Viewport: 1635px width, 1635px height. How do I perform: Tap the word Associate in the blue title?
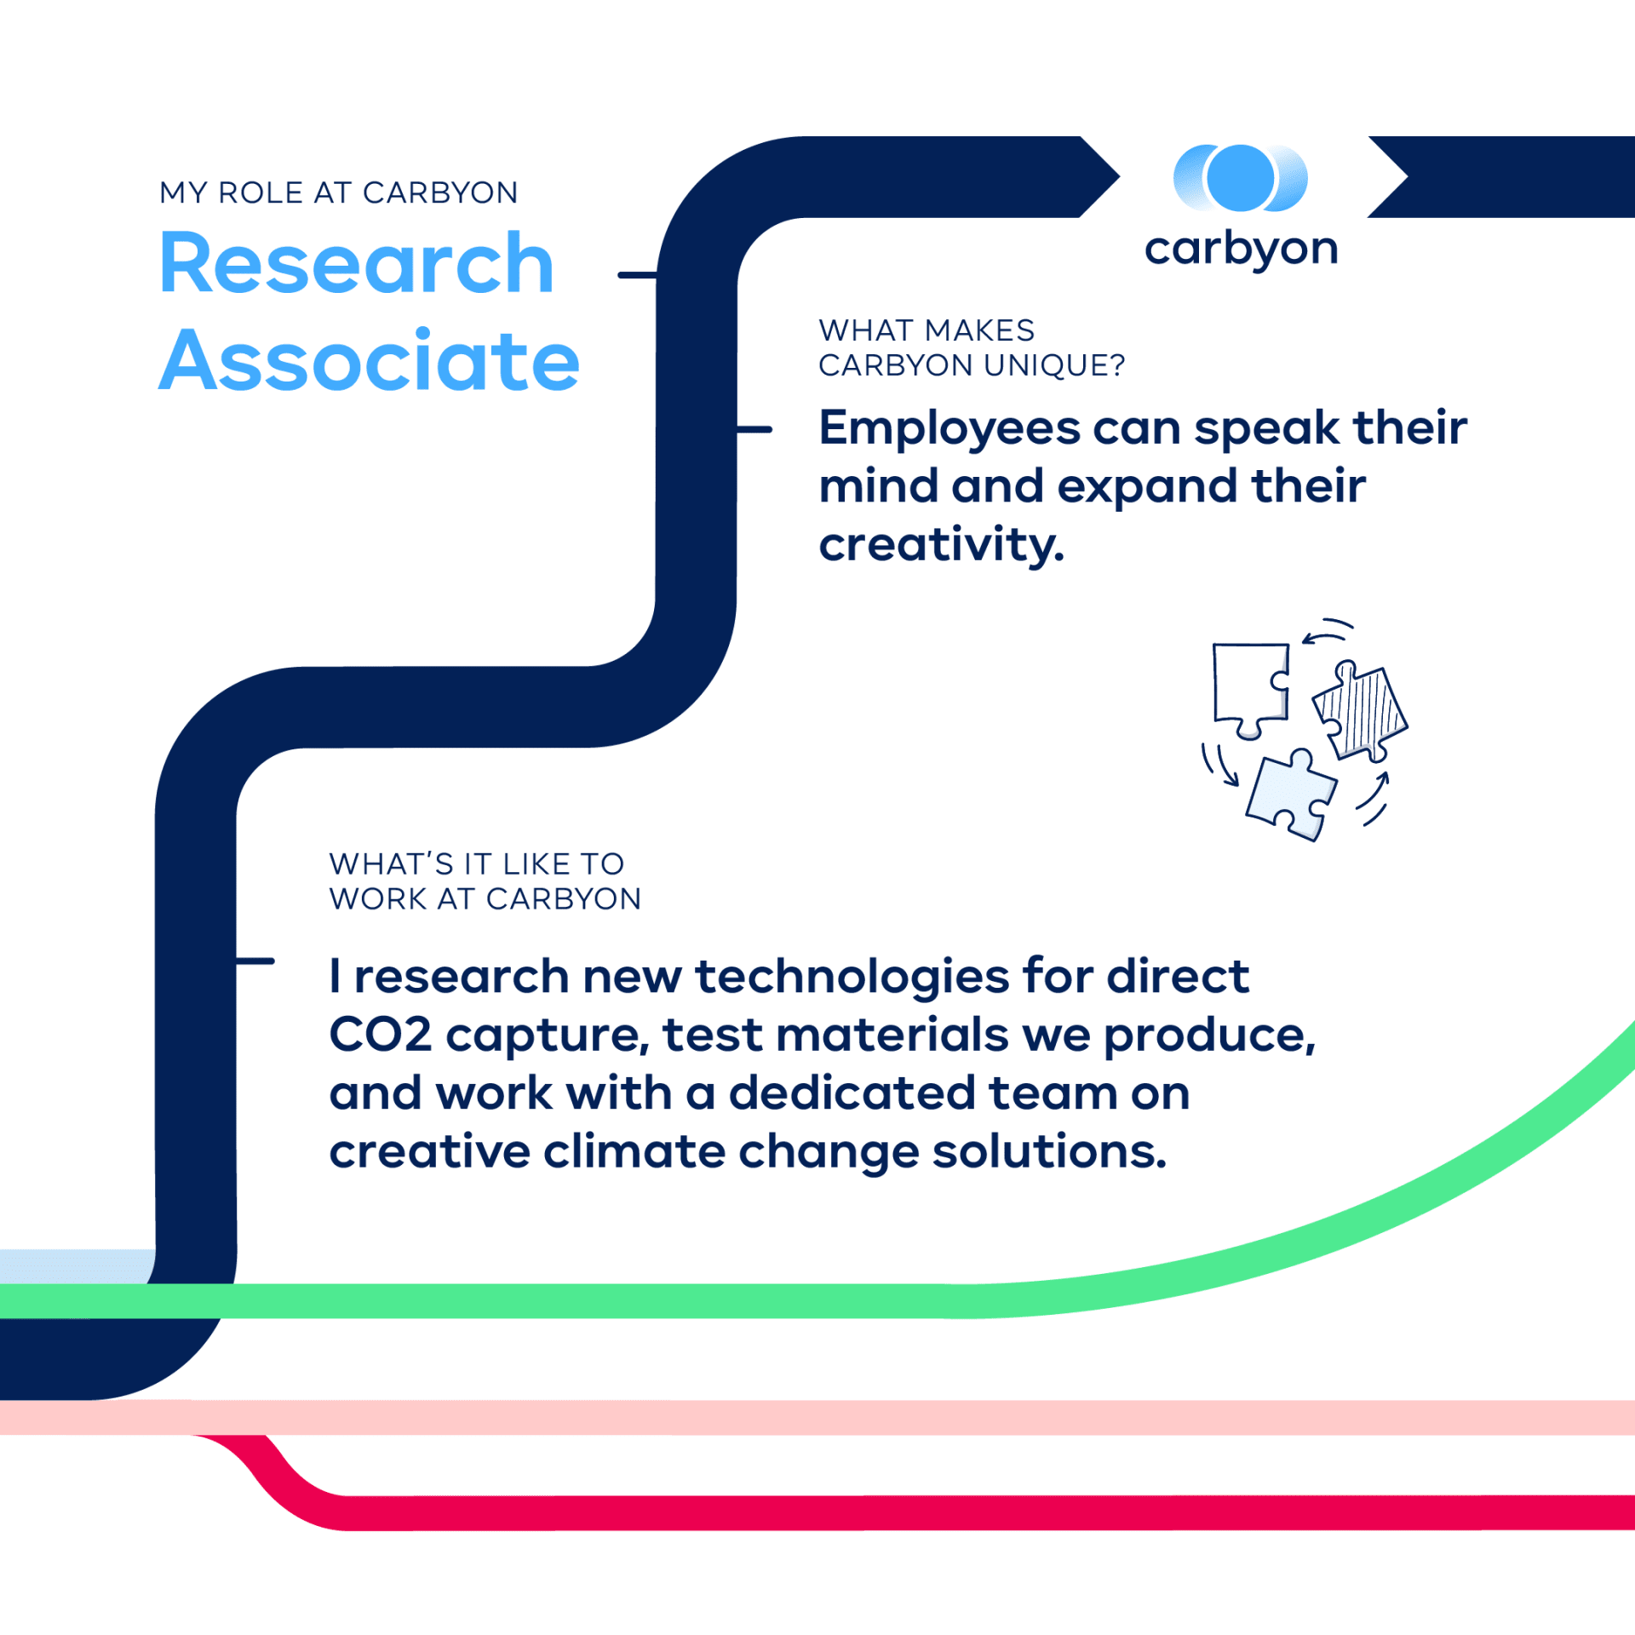coord(370,360)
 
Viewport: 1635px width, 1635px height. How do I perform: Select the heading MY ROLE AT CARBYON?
coord(339,192)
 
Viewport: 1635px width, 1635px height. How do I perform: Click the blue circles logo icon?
coord(1241,178)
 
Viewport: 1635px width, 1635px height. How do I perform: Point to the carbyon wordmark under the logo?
coord(1242,249)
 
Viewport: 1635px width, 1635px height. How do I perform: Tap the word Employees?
coord(949,428)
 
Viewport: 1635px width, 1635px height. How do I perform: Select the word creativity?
coord(942,544)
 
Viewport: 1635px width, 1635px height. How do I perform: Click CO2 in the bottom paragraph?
coord(381,1035)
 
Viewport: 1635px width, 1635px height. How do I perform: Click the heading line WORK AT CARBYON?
coord(485,899)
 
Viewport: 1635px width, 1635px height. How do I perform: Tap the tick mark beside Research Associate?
coord(637,275)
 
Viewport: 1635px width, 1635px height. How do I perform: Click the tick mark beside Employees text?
coord(754,430)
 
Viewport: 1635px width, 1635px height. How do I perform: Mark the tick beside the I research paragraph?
coord(255,961)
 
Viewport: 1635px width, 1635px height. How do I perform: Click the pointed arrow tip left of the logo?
coord(1119,177)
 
